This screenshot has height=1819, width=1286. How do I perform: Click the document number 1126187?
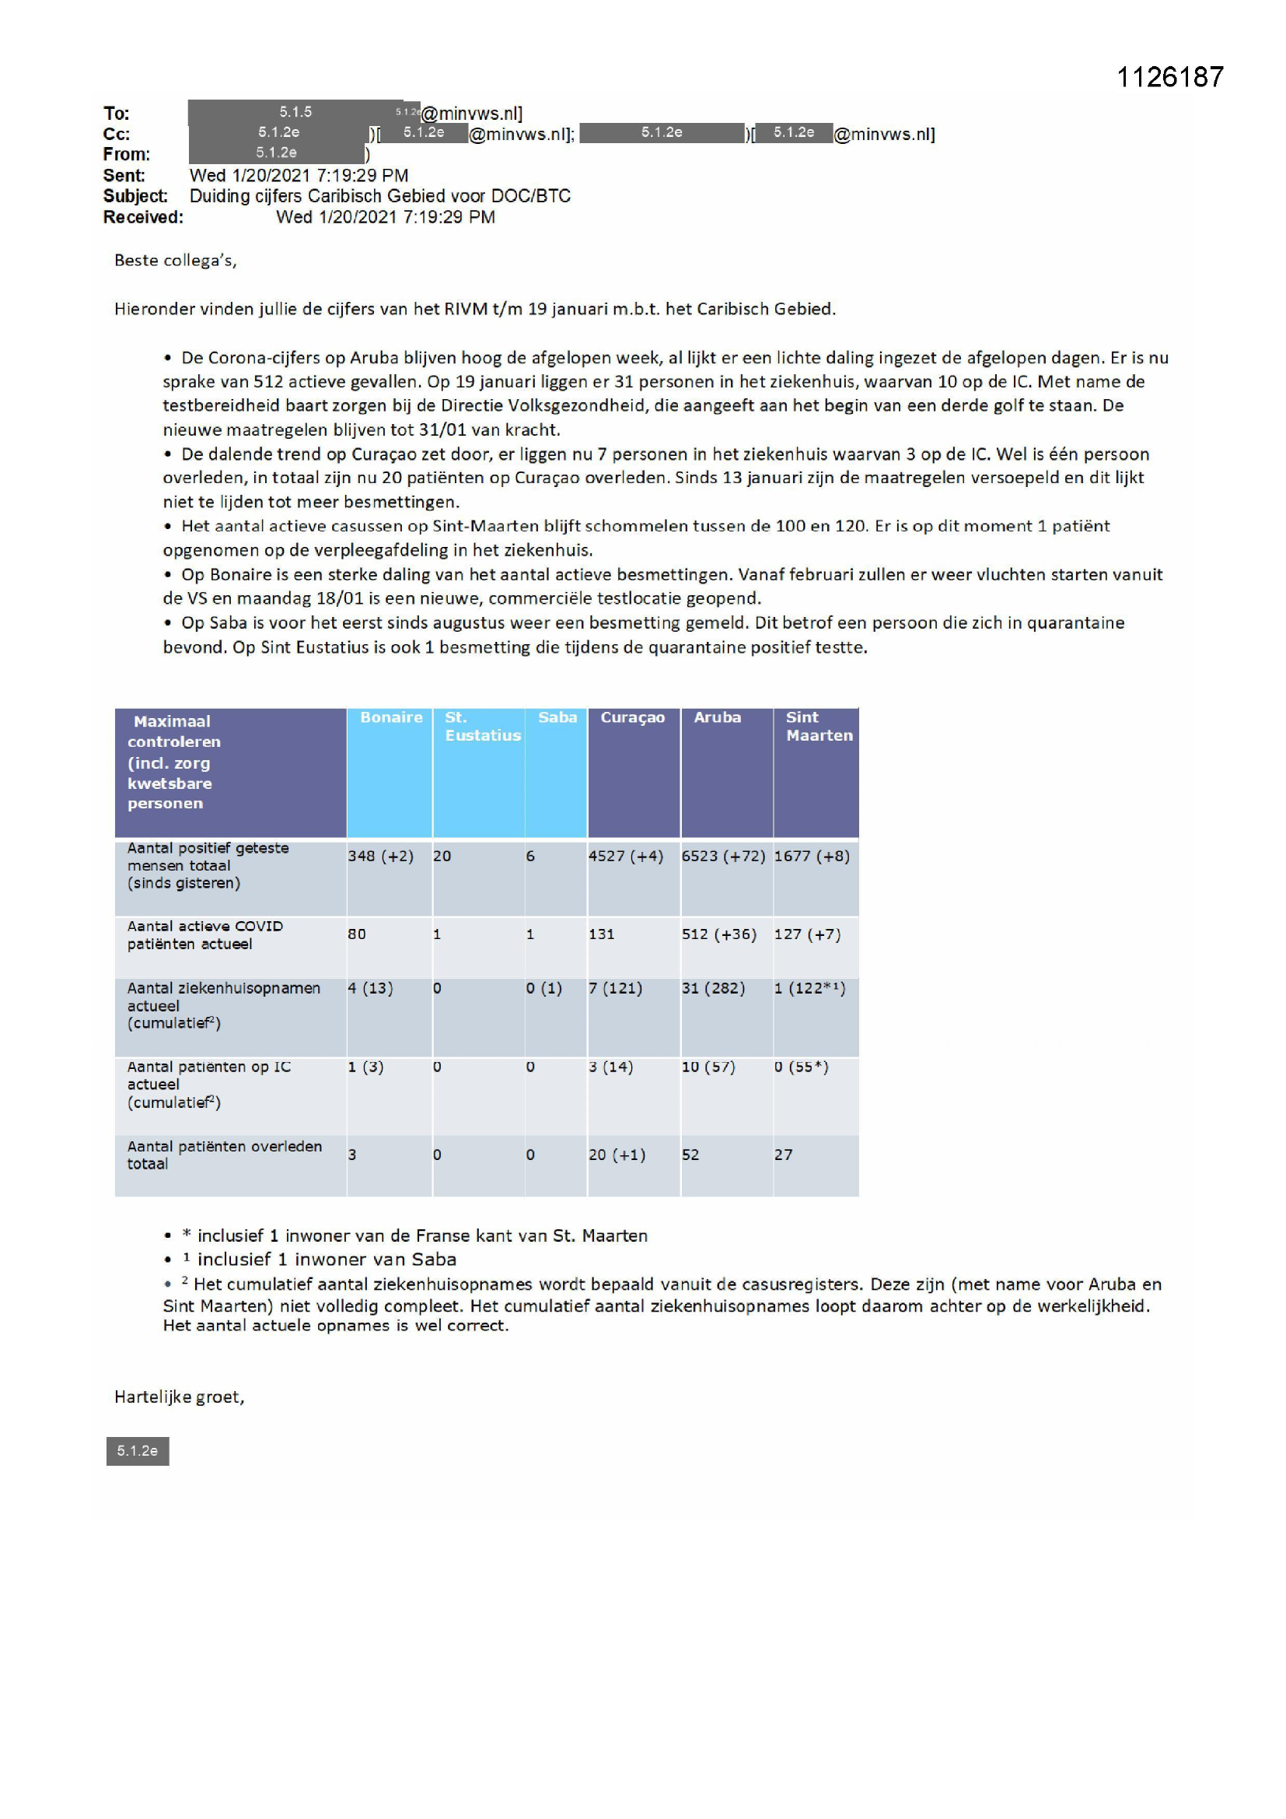pyautogui.click(x=1169, y=77)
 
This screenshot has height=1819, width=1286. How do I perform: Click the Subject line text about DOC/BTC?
pyautogui.click(x=379, y=196)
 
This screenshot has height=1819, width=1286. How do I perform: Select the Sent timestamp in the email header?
pyautogui.click(x=299, y=175)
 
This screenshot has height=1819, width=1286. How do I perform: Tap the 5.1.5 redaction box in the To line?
pyautogui.click(x=295, y=113)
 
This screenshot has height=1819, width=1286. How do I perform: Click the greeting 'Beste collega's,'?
pyautogui.click(x=175, y=261)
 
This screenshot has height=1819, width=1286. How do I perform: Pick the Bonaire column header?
pyautogui.click(x=391, y=718)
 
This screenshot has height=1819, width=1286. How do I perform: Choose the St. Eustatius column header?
pyautogui.click(x=481, y=727)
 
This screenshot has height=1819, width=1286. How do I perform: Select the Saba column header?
pyautogui.click(x=557, y=718)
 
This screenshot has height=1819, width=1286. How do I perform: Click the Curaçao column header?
pyautogui.click(x=632, y=718)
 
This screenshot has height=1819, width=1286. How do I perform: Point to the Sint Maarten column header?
pyautogui.click(x=819, y=727)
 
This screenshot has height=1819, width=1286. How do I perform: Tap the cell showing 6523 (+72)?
pyautogui.click(x=723, y=857)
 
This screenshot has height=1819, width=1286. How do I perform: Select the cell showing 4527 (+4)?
pyautogui.click(x=626, y=857)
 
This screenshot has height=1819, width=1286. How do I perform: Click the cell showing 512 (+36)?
pyautogui.click(x=719, y=935)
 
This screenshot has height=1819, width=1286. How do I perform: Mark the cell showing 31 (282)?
pyautogui.click(x=713, y=989)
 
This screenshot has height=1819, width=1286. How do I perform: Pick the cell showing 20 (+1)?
pyautogui.click(x=617, y=1155)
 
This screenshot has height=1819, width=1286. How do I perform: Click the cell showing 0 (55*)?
pyautogui.click(x=802, y=1067)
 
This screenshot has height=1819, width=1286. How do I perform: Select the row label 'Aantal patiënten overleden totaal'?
pyautogui.click(x=225, y=1155)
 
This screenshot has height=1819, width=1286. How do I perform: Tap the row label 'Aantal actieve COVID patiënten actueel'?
pyautogui.click(x=205, y=935)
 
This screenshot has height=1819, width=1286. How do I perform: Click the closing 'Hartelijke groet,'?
pyautogui.click(x=179, y=1397)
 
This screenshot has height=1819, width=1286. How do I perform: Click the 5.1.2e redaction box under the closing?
pyautogui.click(x=138, y=1450)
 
